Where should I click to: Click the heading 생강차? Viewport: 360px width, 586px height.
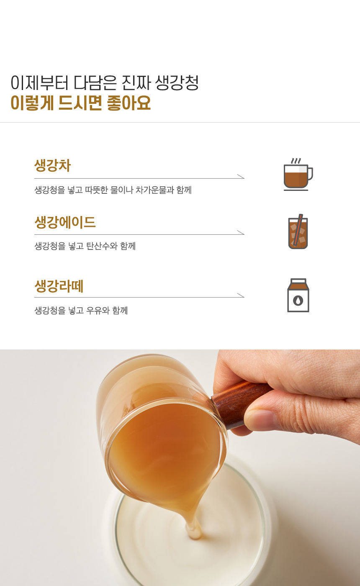click(53, 165)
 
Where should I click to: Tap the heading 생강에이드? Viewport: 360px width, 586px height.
click(65, 222)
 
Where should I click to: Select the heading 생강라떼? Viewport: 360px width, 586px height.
click(59, 286)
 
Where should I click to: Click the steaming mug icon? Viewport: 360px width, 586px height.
click(298, 174)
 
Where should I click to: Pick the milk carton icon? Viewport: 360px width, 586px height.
click(298, 295)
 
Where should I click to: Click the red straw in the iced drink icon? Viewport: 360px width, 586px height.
click(298, 229)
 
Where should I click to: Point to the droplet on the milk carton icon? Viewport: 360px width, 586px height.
click(298, 301)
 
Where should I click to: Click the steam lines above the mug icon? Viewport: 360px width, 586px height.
click(296, 161)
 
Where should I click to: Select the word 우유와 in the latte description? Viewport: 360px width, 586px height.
click(98, 311)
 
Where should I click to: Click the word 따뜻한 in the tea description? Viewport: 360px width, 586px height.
click(96, 190)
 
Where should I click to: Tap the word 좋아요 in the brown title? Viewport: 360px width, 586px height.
click(129, 103)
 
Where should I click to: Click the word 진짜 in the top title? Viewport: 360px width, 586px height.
click(136, 83)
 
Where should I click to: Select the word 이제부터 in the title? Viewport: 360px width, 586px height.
click(39, 83)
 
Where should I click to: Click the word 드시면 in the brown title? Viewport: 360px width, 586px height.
click(80, 103)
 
